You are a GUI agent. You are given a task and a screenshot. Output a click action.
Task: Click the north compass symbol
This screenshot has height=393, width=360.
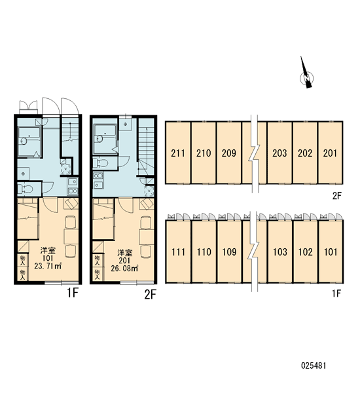[306, 75]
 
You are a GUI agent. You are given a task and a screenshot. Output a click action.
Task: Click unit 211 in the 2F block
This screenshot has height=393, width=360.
[178, 153]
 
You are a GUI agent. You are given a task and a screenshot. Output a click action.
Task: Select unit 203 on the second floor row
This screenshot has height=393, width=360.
[279, 153]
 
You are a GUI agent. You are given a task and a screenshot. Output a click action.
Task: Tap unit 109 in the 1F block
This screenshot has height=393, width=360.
[229, 252]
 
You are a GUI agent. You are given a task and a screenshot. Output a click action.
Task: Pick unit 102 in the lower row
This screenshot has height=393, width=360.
[305, 252]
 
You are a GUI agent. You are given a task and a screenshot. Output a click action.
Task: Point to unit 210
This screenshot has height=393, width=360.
[204, 153]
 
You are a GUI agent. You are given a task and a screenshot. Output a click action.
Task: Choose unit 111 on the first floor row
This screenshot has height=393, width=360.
[179, 252]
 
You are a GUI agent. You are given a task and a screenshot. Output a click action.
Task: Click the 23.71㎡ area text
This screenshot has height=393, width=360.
[48, 266]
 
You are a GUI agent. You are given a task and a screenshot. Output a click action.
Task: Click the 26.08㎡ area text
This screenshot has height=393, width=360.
[124, 268]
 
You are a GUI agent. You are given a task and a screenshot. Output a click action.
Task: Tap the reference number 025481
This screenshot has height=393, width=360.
[314, 365]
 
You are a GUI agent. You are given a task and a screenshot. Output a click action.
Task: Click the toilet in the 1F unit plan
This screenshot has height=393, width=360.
[26, 189]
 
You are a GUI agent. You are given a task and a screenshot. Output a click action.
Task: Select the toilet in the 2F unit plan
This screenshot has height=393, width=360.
[101, 163]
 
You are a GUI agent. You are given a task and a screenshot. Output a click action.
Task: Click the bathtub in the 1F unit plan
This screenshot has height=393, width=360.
[29, 142]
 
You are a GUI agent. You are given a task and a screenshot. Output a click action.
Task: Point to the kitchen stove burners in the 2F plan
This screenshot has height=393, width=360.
[98, 181]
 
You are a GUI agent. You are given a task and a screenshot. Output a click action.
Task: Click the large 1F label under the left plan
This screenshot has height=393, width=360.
[73, 293]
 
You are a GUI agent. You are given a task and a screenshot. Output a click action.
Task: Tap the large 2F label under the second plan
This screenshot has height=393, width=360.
[151, 295]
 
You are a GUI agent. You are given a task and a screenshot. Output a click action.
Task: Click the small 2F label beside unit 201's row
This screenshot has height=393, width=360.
[337, 196]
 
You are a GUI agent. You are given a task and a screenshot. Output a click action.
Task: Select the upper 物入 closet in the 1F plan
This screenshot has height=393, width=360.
[23, 261]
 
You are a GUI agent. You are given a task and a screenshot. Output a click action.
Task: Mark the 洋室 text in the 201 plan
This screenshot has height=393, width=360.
[124, 252]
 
